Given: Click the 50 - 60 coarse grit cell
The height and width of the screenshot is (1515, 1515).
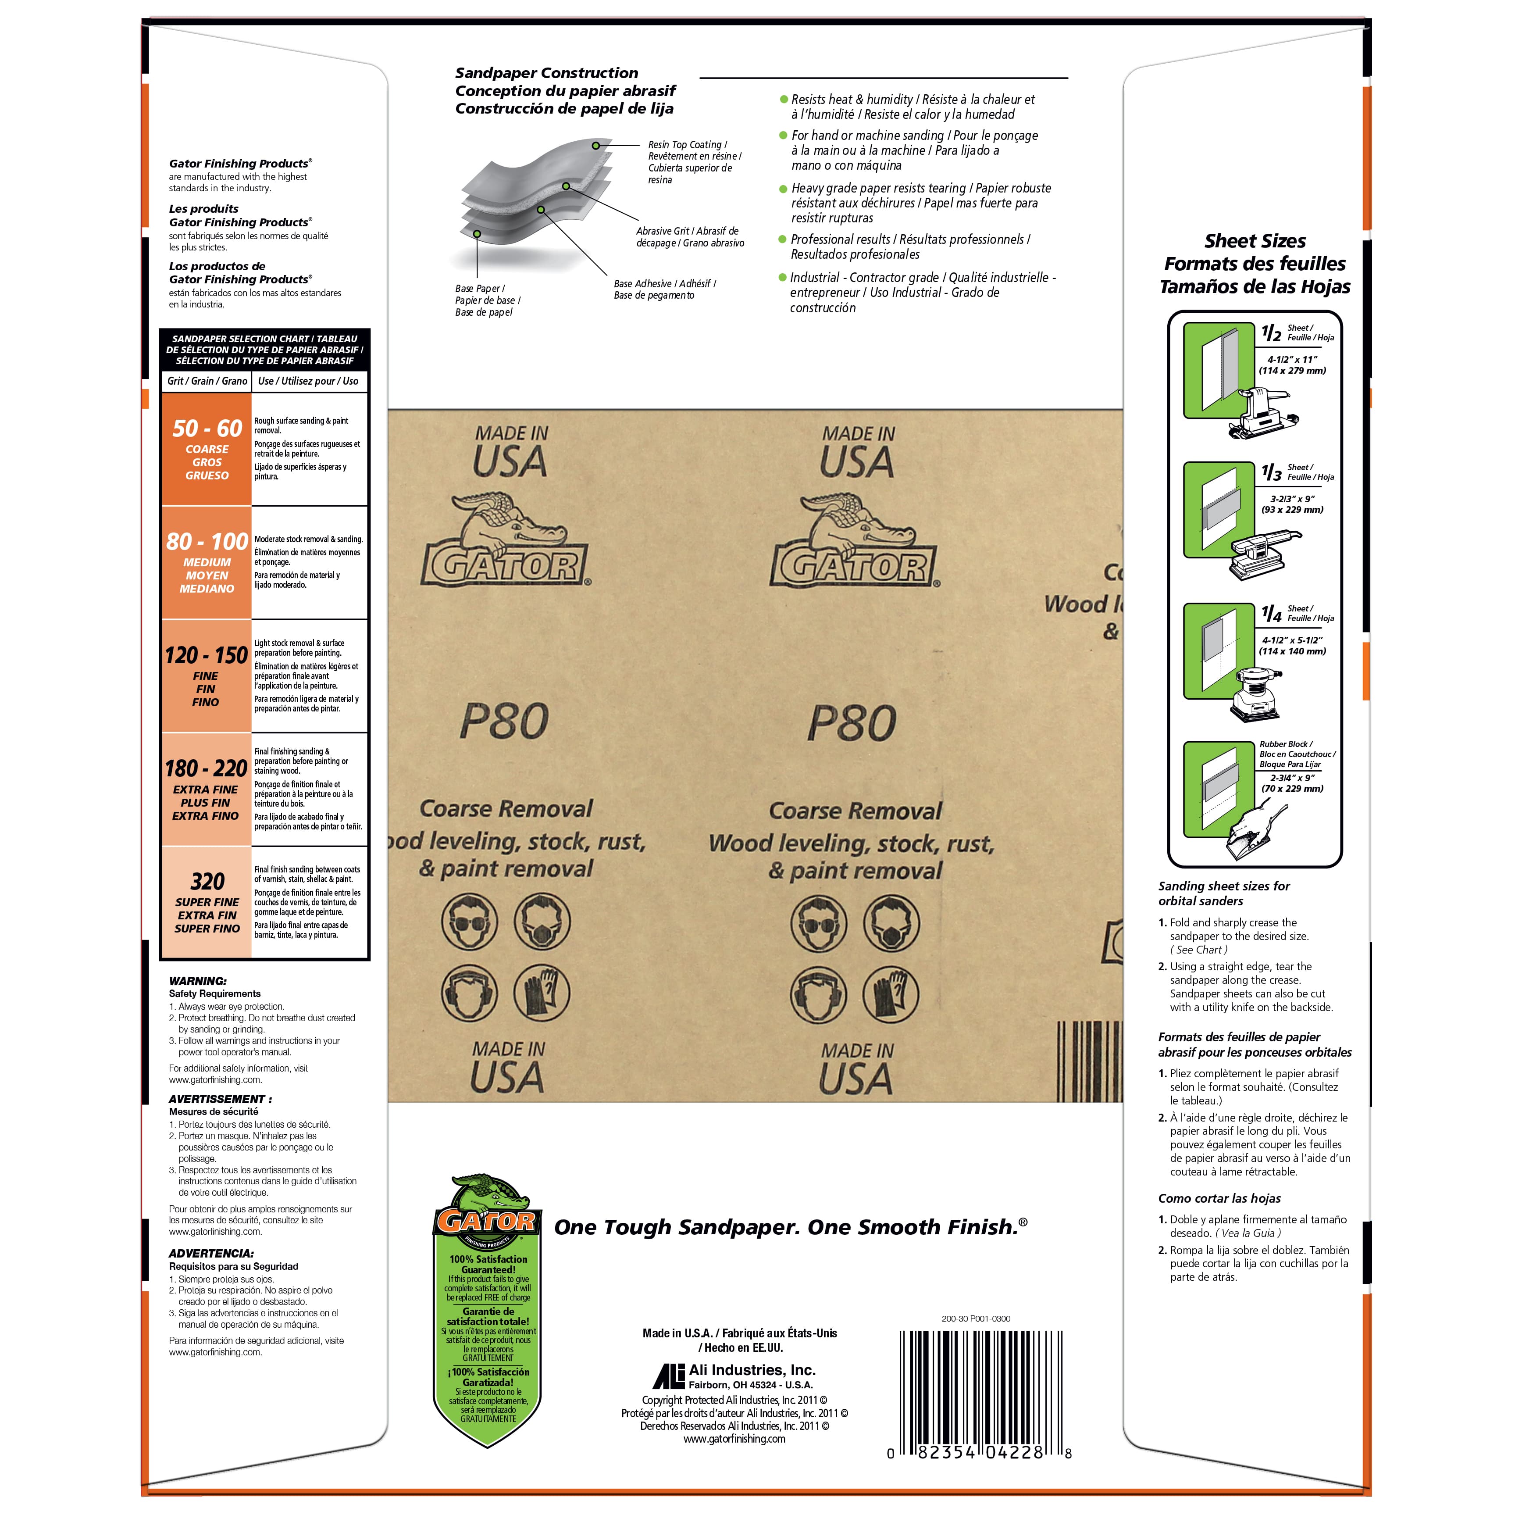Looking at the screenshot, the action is pyautogui.click(x=207, y=449).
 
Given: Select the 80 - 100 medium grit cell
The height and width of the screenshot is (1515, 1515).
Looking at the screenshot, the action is pyautogui.click(x=207, y=563).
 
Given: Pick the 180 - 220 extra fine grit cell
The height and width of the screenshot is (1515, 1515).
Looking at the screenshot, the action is pyautogui.click(x=207, y=789).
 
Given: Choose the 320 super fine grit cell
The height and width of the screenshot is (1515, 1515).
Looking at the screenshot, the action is pyautogui.click(x=207, y=902).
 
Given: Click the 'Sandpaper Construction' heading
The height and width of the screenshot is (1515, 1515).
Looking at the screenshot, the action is pyautogui.click(x=546, y=73).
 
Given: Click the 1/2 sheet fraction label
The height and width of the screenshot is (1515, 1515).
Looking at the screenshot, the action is pyautogui.click(x=1271, y=332).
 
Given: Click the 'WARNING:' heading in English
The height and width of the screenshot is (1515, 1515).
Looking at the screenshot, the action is pyautogui.click(x=198, y=981).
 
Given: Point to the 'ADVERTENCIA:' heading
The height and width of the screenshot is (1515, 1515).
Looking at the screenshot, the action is pyautogui.click(x=211, y=1254).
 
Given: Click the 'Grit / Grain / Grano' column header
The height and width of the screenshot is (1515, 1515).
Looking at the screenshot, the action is pyautogui.click(x=207, y=381).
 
